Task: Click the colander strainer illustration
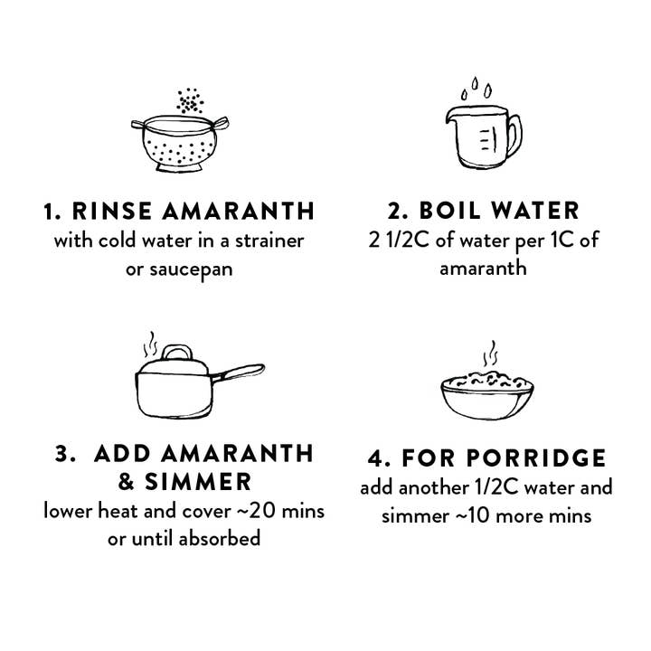pyautogui.click(x=180, y=145)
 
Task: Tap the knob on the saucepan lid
pyautogui.click(x=179, y=352)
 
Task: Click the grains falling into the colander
pyautogui.click(x=190, y=102)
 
